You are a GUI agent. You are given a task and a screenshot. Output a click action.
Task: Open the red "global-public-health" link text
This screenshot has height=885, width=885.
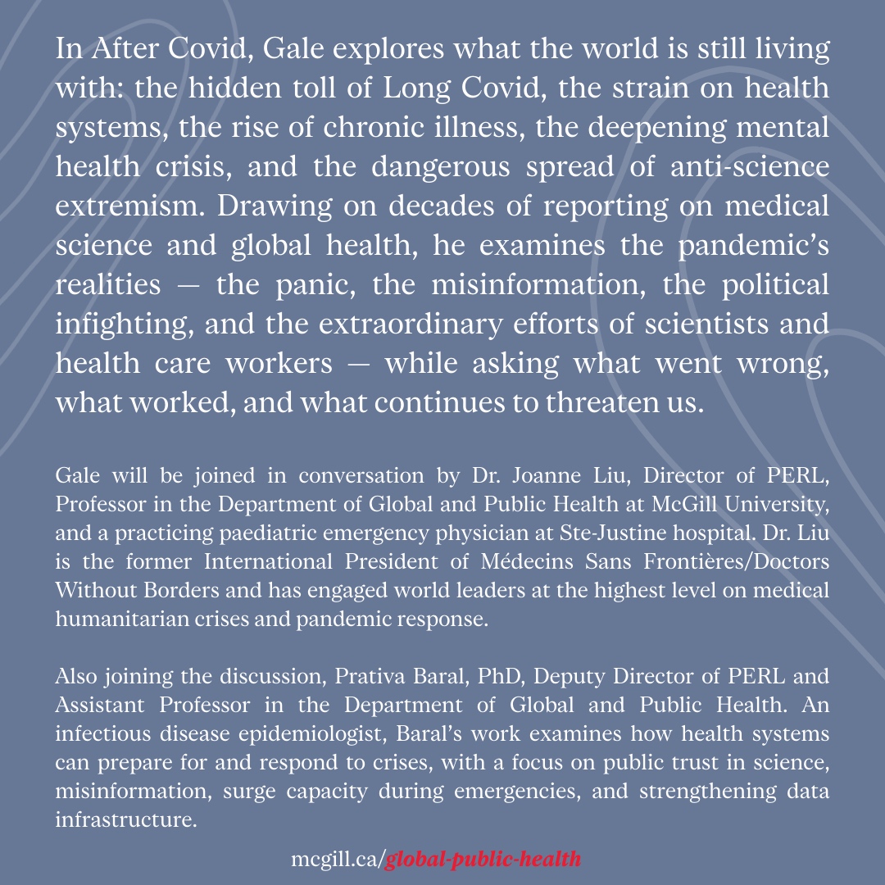coord(483,860)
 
